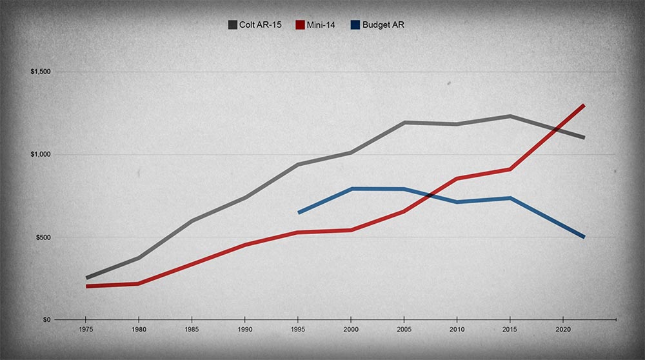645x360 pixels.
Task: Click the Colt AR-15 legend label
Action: click(x=264, y=25)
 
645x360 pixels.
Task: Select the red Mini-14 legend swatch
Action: click(x=300, y=25)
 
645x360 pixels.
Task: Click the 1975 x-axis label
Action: click(x=85, y=329)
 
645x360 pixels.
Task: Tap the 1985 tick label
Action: click(x=192, y=329)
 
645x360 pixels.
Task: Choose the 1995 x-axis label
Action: click(x=298, y=329)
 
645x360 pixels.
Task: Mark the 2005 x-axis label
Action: click(x=404, y=329)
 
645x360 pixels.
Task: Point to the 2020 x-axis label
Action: click(x=563, y=329)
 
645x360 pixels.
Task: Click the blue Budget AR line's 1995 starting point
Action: click(x=299, y=212)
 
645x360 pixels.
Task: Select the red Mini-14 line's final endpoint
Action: click(x=584, y=105)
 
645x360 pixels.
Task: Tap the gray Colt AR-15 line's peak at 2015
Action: click(x=510, y=116)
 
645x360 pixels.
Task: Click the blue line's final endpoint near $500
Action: click(x=584, y=237)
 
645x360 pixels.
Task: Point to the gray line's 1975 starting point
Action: click(x=86, y=278)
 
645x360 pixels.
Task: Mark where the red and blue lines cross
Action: click(x=430, y=195)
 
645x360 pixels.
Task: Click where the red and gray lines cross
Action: click(x=557, y=129)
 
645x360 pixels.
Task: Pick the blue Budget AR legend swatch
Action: click(x=355, y=25)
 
